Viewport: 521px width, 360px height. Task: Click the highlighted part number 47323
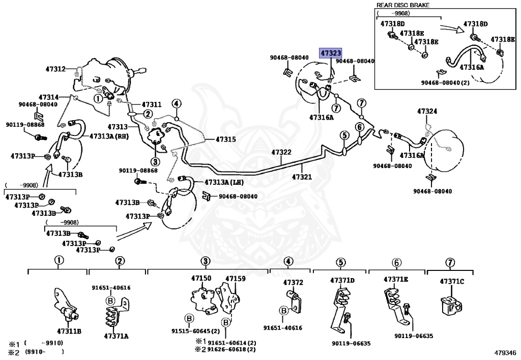330,53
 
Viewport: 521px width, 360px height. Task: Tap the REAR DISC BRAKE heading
403,5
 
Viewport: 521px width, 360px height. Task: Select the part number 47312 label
55,69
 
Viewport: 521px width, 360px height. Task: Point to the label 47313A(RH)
109,136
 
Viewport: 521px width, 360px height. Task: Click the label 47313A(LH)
224,182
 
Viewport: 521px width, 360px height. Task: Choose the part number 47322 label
281,152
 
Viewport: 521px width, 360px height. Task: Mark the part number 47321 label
302,177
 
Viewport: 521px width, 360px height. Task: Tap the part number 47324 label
427,111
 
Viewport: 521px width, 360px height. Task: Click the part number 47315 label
226,140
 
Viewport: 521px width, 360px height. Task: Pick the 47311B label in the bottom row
69,331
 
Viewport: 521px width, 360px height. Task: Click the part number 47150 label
201,278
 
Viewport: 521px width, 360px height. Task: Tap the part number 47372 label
293,282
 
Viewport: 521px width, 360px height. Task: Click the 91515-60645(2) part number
196,331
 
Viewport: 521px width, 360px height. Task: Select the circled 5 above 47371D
340,263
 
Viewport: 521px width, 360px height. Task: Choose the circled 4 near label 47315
177,104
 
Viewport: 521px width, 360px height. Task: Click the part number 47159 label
236,279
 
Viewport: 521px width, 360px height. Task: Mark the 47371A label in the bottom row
116,336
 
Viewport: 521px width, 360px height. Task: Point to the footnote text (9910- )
44,351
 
